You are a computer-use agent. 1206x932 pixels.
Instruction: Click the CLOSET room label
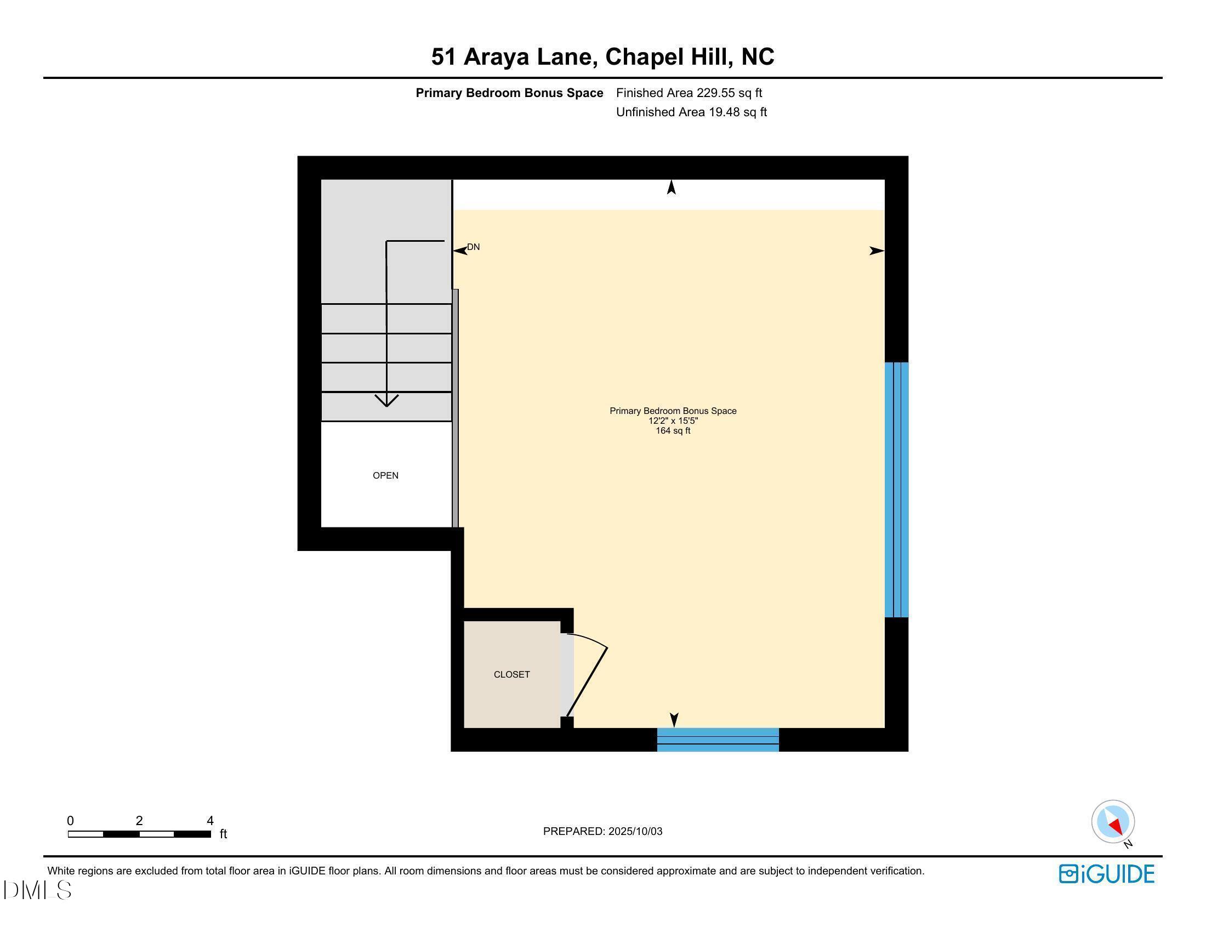coord(511,674)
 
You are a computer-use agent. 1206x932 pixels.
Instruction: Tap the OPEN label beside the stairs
coord(385,475)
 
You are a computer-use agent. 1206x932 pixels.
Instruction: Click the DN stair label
coord(473,247)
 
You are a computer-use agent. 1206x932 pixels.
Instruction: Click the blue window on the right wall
coord(896,489)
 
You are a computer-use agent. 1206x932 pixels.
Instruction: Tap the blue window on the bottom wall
coord(718,740)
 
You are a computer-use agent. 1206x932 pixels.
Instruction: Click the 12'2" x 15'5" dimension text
coord(673,420)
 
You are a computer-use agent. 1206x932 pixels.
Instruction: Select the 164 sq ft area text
coord(673,431)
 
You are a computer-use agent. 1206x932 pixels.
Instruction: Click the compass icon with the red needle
coord(1112,822)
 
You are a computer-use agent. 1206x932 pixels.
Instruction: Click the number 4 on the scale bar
coord(210,821)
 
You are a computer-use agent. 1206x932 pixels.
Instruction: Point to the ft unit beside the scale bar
coord(223,834)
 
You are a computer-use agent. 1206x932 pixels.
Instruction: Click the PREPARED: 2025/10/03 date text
coord(602,831)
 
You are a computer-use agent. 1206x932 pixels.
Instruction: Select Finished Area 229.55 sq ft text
coord(689,93)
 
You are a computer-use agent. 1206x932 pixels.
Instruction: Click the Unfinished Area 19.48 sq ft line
coord(691,112)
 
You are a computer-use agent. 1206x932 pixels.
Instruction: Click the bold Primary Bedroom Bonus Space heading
coord(509,93)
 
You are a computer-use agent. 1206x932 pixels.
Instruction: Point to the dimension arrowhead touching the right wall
coord(877,251)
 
